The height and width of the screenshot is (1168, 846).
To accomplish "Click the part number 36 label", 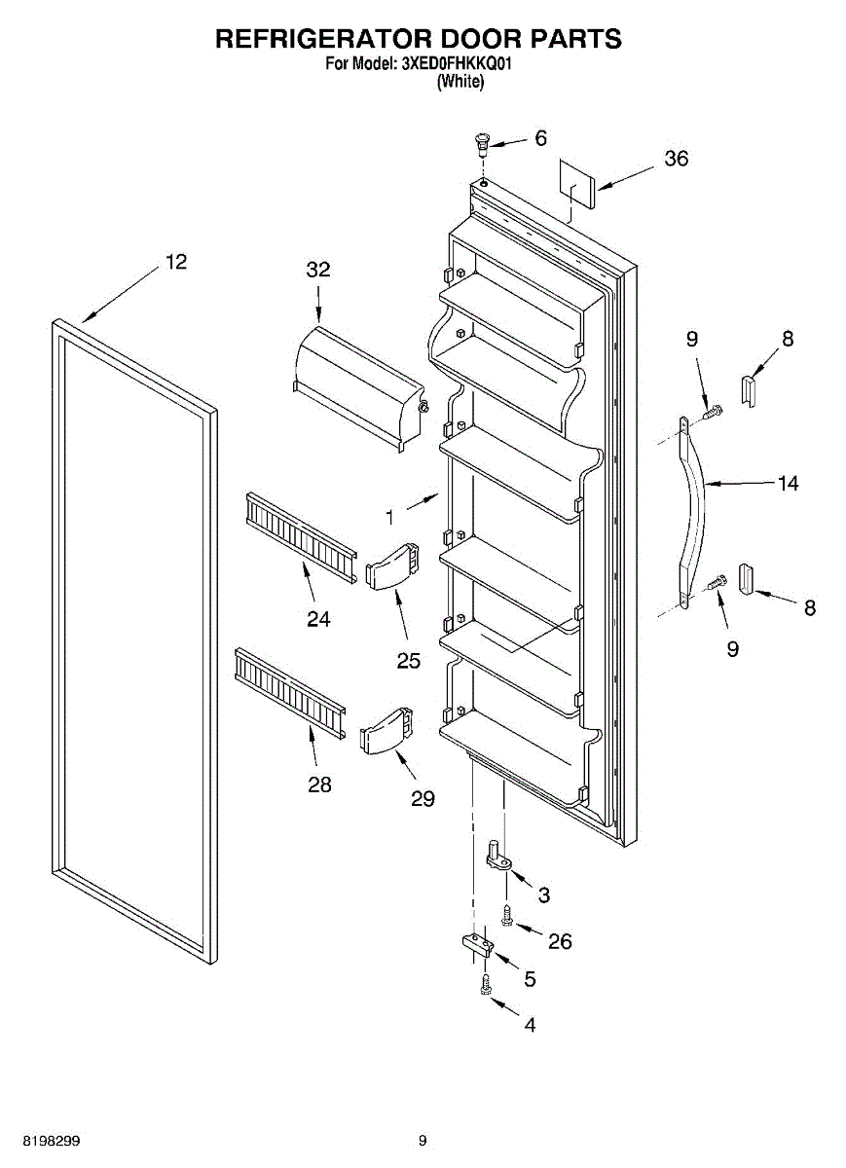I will (x=677, y=159).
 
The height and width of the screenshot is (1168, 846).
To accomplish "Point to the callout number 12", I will (x=176, y=262).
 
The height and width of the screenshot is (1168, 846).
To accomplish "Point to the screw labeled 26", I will (x=506, y=915).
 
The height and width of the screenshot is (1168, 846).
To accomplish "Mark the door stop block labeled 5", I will (x=477, y=944).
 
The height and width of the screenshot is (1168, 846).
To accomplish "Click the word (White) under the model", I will (x=460, y=82).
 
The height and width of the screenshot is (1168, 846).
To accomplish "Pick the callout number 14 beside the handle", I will (x=788, y=483).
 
